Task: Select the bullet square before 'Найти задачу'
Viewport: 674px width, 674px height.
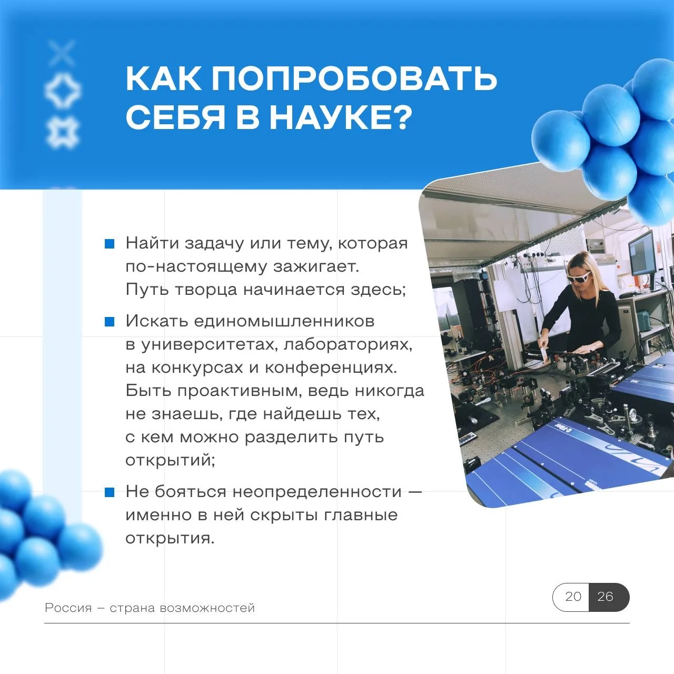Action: [110, 244]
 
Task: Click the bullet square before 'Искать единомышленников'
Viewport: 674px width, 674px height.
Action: [110, 321]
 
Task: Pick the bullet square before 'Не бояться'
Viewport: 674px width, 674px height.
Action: [110, 492]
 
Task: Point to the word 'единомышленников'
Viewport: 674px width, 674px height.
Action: [284, 321]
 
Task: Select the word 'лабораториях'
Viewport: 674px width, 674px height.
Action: [348, 345]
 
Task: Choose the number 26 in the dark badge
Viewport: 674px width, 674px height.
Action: [606, 597]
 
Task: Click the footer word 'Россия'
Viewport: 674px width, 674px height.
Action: [68, 608]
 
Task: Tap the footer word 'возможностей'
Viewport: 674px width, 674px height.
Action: [207, 608]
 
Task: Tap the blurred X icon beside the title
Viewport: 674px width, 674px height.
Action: [62, 53]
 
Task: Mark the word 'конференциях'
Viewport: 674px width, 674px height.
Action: [331, 368]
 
